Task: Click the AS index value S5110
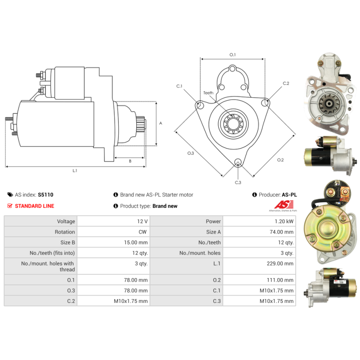[45, 195]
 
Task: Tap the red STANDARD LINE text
[35, 206]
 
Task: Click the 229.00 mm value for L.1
[280, 263]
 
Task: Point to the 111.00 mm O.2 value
[280, 280]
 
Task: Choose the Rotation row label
[65, 232]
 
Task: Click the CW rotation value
[143, 232]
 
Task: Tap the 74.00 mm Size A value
[282, 232]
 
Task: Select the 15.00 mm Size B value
[136, 243]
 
